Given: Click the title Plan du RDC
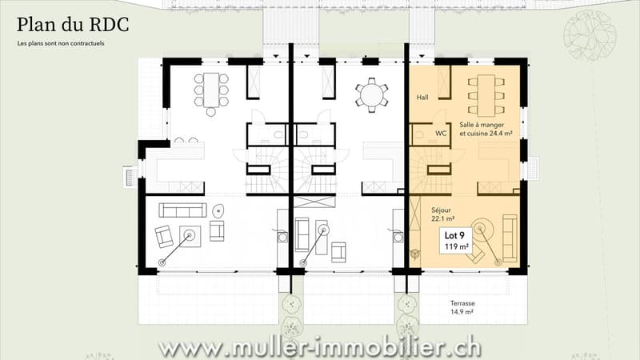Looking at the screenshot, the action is pos(73,26).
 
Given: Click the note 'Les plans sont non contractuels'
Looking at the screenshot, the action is pos(61,43).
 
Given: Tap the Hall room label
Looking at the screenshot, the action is pos(422,98).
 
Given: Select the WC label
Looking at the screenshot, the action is pos(441,134).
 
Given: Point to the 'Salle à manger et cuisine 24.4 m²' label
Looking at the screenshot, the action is pos(486,129).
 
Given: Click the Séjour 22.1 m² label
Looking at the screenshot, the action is pos(442,214).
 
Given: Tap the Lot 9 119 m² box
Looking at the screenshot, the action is pos(455,241).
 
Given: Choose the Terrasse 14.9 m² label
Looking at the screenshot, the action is pos(462,307).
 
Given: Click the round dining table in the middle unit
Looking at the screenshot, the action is pos(371,95).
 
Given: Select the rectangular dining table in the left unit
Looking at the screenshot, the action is pos(211,90).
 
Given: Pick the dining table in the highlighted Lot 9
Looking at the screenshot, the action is pos(486,95).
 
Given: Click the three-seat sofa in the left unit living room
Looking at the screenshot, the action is pos(182,210).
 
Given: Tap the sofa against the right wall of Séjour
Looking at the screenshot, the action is pos(510,238).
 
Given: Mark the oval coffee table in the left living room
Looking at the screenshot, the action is pos(218,210).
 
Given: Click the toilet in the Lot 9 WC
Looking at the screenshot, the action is pos(418,134).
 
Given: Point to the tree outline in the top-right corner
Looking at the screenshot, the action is pos(590,35).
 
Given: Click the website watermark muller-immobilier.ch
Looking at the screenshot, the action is pos(319,348).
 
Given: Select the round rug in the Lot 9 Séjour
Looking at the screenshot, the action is pos(482,229).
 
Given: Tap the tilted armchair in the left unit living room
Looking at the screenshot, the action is pos(164,236).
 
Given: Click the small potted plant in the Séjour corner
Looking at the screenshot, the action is pos(415,254).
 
